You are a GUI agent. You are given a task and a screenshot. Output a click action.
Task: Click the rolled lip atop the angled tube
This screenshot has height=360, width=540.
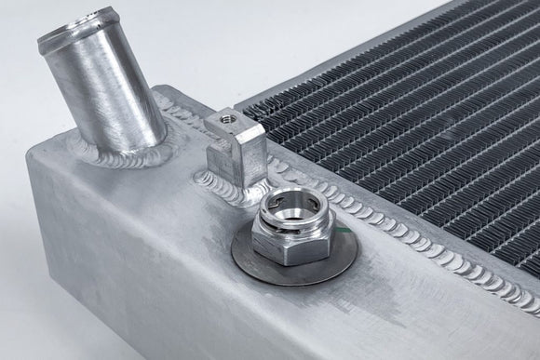pos(67,38)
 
